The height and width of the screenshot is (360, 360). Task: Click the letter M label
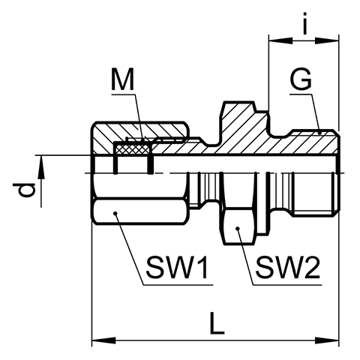click(123, 79)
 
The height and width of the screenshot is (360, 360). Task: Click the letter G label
click(301, 79)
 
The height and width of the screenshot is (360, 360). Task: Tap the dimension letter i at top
click(304, 24)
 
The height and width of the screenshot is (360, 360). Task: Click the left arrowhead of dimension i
click(280, 40)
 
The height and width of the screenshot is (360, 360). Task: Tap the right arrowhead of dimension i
click(327, 40)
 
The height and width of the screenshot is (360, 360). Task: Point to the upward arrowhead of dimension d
click(41, 167)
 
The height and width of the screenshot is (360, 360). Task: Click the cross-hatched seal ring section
click(132, 149)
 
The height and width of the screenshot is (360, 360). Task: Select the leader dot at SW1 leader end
click(115, 213)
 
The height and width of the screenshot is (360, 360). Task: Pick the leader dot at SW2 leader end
click(238, 228)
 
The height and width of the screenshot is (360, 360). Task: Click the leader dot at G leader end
click(320, 133)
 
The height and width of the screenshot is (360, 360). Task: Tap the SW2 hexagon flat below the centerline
click(238, 226)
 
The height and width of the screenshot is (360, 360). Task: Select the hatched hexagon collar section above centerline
click(238, 125)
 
